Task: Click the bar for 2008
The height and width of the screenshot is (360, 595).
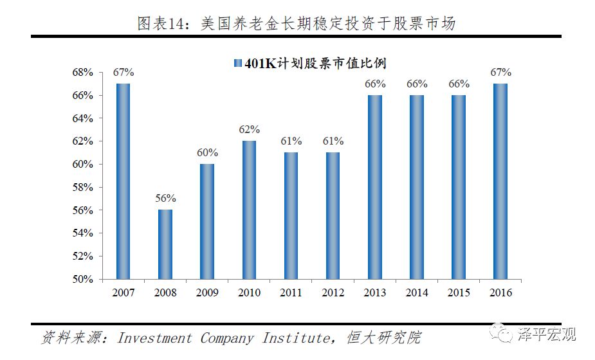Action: (x=165, y=244)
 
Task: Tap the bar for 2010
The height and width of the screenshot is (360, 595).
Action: (x=249, y=210)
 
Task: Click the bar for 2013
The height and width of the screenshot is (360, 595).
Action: (x=374, y=187)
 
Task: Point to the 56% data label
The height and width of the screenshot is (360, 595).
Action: (x=165, y=198)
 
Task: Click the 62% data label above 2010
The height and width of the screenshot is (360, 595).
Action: (x=249, y=129)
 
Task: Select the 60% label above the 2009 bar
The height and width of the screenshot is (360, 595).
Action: (x=207, y=152)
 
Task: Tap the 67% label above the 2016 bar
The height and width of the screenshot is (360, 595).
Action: (x=500, y=72)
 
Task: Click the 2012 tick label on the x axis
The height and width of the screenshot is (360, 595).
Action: (x=333, y=293)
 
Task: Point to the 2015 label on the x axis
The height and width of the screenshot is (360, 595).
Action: (x=458, y=293)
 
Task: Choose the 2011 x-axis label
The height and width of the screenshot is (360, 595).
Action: (x=291, y=293)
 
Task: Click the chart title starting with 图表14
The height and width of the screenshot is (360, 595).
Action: (x=297, y=24)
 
